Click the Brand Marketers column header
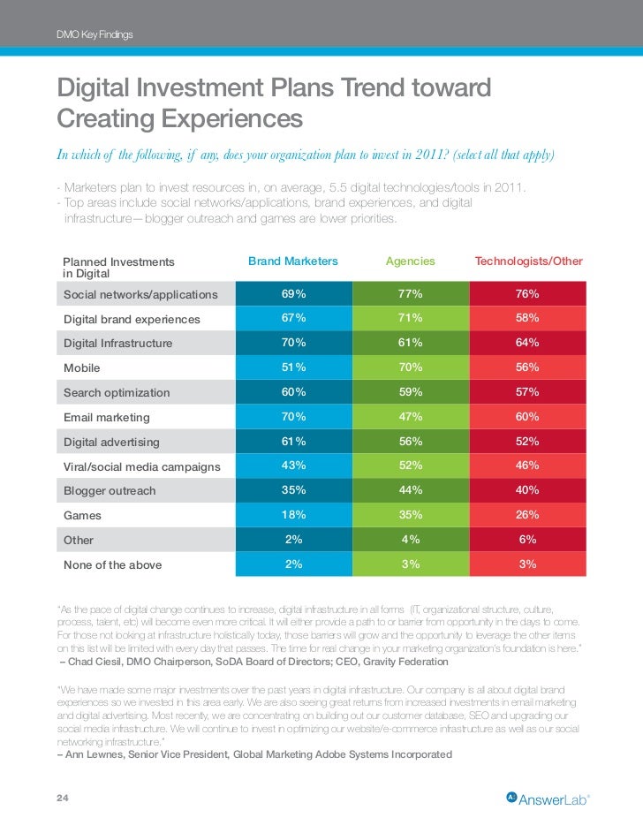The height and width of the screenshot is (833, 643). (x=293, y=261)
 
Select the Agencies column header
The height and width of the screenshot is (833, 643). (x=411, y=261)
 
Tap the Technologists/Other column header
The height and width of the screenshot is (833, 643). (x=528, y=261)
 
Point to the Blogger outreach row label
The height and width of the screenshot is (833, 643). (x=110, y=490)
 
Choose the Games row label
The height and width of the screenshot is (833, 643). (x=82, y=515)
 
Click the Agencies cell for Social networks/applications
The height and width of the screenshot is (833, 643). (x=411, y=293)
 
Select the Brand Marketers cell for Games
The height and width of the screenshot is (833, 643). (x=293, y=515)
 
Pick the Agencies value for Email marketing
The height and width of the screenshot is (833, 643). (x=411, y=417)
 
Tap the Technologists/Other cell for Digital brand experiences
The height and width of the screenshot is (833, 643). (x=528, y=318)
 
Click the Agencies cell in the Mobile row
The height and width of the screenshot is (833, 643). (x=411, y=367)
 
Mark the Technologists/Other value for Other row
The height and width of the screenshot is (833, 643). (x=528, y=540)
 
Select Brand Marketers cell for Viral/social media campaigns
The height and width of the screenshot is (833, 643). (x=293, y=466)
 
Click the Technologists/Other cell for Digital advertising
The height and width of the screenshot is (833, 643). (x=528, y=442)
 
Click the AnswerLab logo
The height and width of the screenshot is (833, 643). (x=548, y=799)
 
